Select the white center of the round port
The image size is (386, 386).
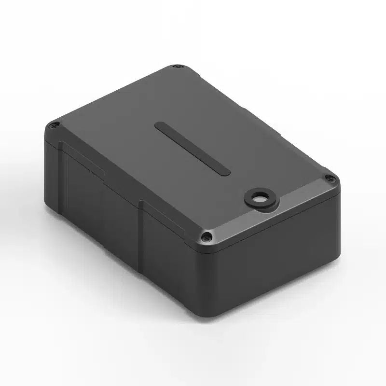click(259, 198)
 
